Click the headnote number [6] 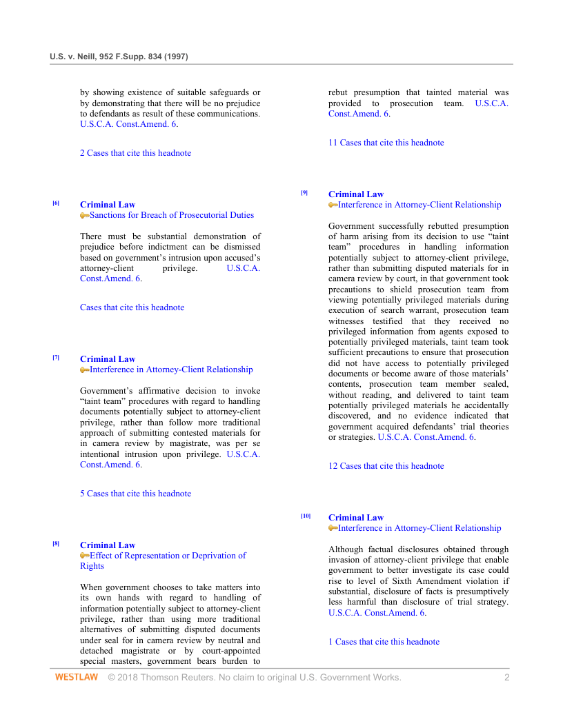(56, 203)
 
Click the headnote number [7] (56, 357)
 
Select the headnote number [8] (56, 543)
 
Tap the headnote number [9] (304, 192)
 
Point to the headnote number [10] (306, 516)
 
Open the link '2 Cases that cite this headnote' (135, 153)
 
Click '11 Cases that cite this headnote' (386, 143)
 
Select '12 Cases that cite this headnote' (386, 466)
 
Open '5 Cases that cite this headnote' (135, 494)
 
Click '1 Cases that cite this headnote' (384, 642)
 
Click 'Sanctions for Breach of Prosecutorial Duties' (172, 215)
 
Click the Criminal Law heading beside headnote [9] (355, 194)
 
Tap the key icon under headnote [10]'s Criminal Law (333, 528)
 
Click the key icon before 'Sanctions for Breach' (84, 216)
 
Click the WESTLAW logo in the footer (76, 678)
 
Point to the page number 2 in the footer (506, 678)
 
